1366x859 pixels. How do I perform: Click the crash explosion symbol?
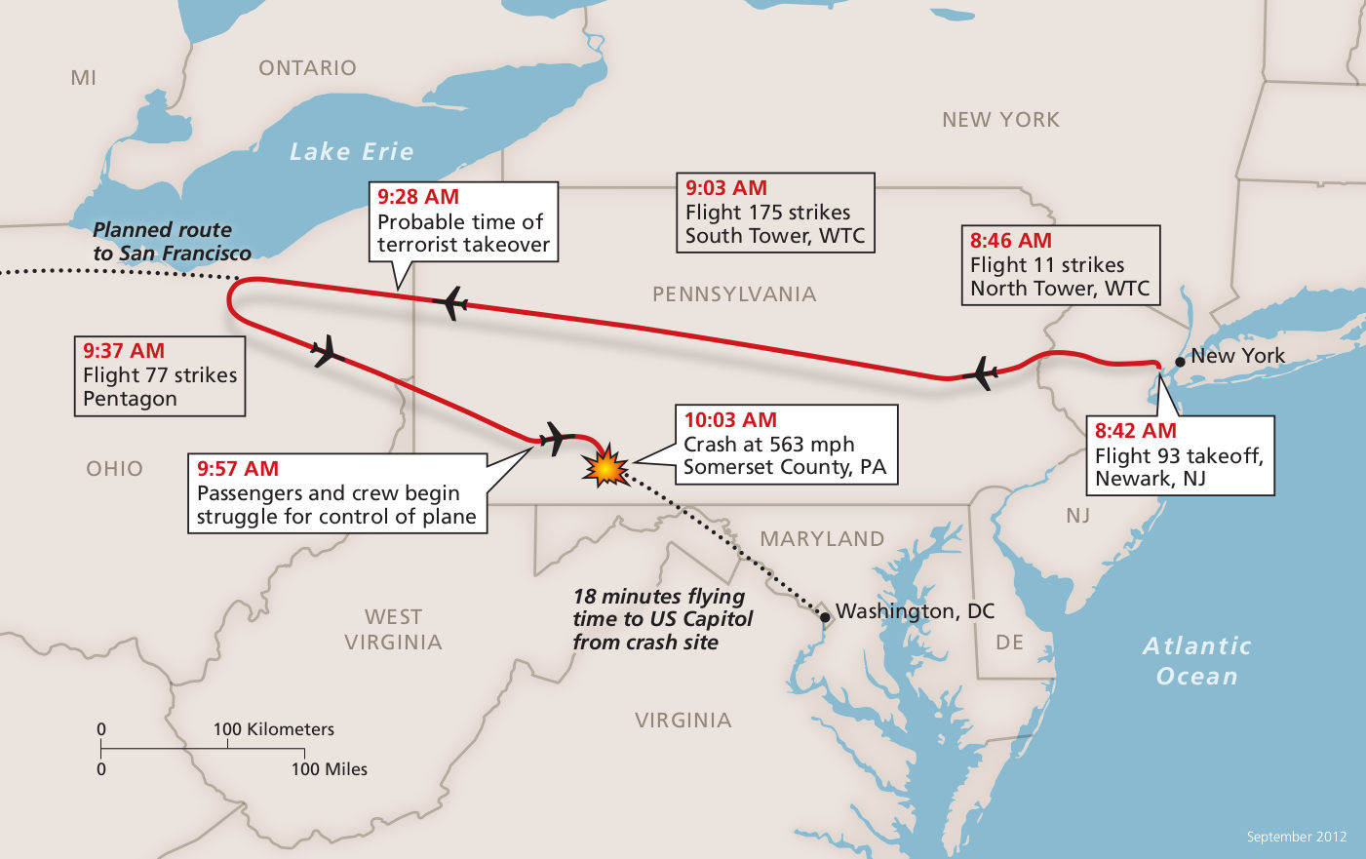[x=605, y=466]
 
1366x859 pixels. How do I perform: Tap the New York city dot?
[x=1180, y=362]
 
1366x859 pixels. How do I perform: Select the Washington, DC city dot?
[x=825, y=617]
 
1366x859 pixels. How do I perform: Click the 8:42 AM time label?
[x=1135, y=431]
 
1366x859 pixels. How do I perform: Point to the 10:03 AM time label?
[x=730, y=420]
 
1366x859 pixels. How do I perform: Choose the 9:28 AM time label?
[x=418, y=197]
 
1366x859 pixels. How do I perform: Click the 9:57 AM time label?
[x=238, y=469]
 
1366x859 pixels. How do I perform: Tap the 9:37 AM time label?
[x=124, y=351]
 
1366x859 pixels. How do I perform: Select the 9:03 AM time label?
[x=726, y=188]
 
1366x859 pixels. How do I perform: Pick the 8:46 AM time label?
[x=1011, y=241]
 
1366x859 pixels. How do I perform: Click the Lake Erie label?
[x=352, y=152]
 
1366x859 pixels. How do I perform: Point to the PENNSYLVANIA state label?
[x=734, y=294]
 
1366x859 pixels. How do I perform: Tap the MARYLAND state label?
[x=822, y=539]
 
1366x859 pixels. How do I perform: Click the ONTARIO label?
[x=307, y=68]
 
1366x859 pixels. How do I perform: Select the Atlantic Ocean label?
[x=1196, y=661]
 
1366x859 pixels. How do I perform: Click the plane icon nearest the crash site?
[x=555, y=438]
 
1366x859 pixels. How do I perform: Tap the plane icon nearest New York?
[x=982, y=372]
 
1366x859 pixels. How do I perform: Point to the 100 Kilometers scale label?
[x=273, y=729]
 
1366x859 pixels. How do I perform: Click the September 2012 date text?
[x=1296, y=837]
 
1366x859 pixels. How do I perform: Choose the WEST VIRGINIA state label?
[x=393, y=630]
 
